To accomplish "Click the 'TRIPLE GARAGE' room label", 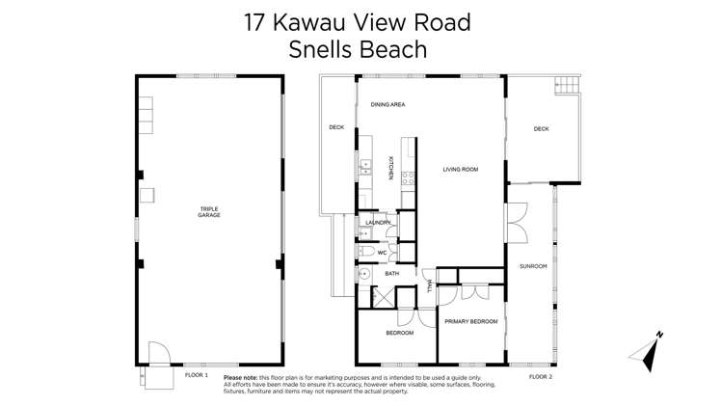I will tap(209, 211).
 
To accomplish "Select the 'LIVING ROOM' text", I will tap(461, 170).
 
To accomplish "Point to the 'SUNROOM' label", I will tap(532, 265).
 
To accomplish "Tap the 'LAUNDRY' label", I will tap(378, 223).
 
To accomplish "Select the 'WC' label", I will tap(382, 253).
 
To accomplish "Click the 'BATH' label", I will tap(391, 274).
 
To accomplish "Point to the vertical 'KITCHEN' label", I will tap(390, 169).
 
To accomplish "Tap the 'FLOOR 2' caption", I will tap(541, 376).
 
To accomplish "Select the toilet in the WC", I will tap(364, 253).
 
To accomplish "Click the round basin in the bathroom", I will tap(365, 274).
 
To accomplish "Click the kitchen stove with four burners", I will tap(409, 177).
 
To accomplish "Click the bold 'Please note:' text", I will tap(245, 378).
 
